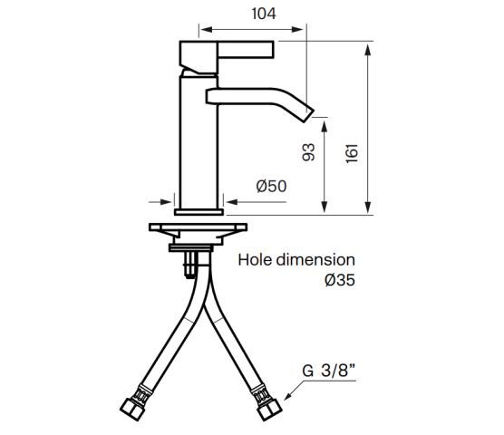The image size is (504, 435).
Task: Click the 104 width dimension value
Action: point(264,14)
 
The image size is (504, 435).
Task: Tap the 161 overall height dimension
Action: point(353,153)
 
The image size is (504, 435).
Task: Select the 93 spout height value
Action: point(309,152)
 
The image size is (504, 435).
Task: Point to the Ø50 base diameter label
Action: point(271,187)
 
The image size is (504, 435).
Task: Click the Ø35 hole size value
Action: point(340,280)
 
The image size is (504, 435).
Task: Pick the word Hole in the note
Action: point(255,260)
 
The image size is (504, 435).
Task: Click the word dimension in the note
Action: point(315,260)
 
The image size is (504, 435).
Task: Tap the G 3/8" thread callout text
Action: point(328,371)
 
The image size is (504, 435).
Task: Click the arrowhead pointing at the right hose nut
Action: point(288,397)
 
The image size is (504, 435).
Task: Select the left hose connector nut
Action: point(132,410)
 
